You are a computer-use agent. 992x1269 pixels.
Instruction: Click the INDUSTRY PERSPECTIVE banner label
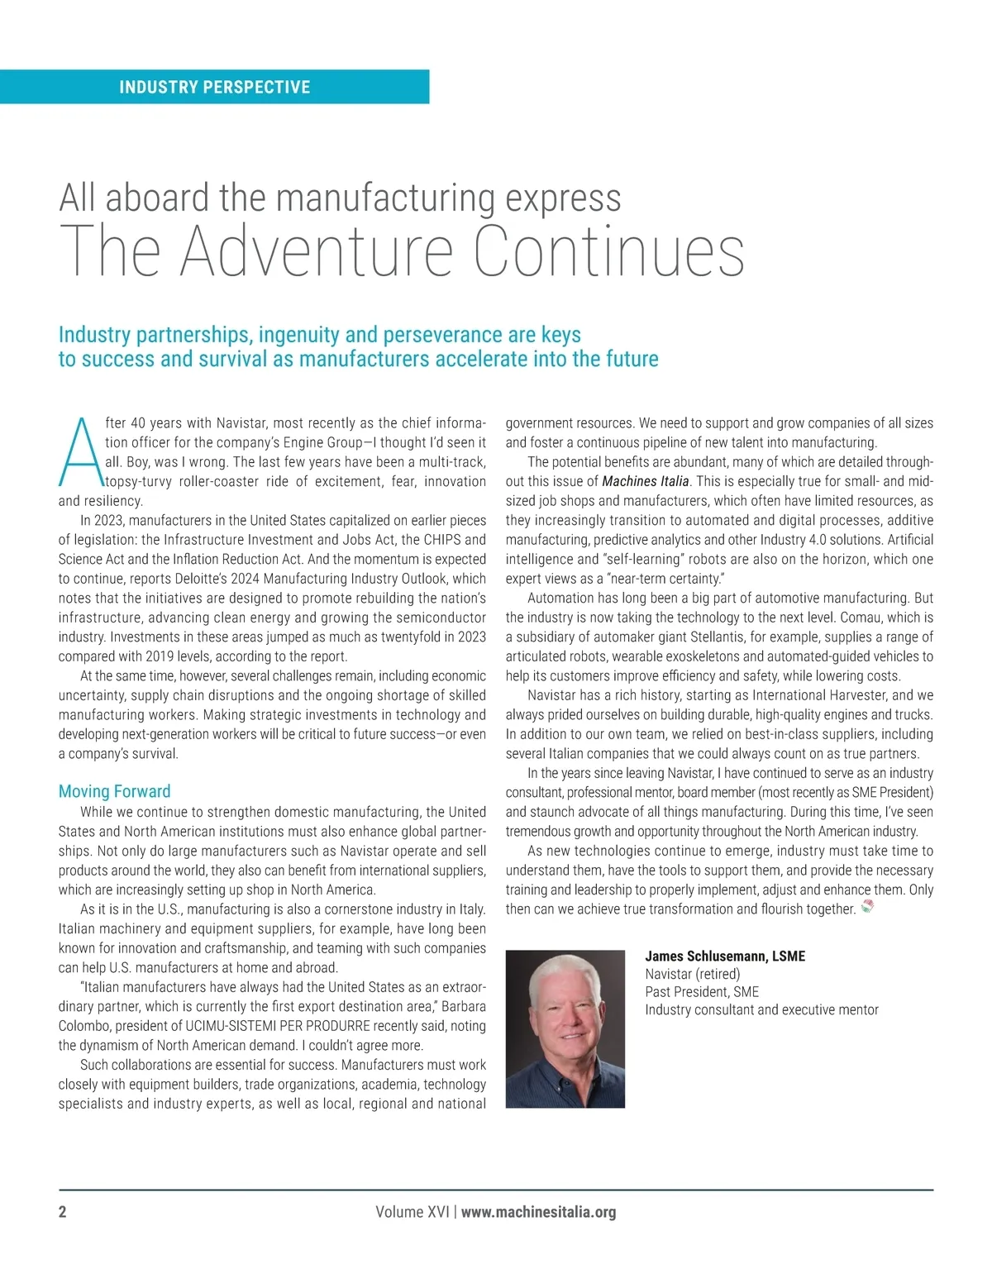[x=215, y=87]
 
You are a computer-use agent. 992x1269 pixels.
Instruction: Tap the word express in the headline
[x=563, y=198]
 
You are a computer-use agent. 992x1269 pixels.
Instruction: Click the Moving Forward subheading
[x=114, y=791]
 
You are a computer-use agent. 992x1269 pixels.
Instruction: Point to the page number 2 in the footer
[x=63, y=1212]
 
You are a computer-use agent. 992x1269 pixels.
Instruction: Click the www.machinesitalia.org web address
[x=538, y=1212]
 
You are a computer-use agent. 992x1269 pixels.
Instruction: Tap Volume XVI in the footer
[x=412, y=1212]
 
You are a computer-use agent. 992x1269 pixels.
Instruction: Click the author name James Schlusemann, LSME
[x=724, y=956]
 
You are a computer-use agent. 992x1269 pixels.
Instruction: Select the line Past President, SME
[x=701, y=991]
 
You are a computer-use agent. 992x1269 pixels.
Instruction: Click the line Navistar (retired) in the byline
[x=692, y=974]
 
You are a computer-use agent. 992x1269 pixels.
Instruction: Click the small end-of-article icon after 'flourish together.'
[x=866, y=908]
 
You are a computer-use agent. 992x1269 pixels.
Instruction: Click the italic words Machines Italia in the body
[x=645, y=481]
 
